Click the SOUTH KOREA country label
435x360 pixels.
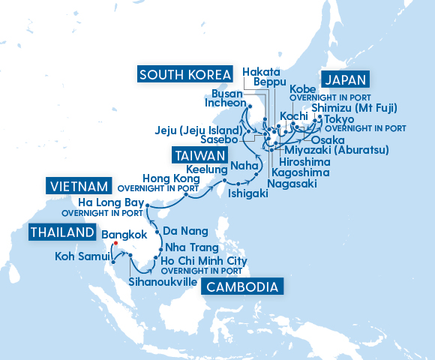tap(184, 74)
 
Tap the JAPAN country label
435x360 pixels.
tap(346, 80)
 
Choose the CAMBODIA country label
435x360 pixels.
tap(244, 287)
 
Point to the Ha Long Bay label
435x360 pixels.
tap(111, 202)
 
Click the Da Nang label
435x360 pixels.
tap(181, 231)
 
